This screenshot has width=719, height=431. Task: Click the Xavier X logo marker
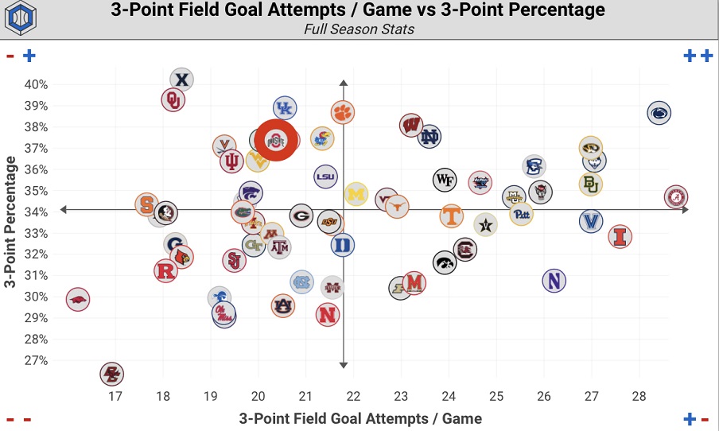pos(182,80)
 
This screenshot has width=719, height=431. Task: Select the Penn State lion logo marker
pos(659,114)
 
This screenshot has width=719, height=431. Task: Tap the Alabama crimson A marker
pos(675,197)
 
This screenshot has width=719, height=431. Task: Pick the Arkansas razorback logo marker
pos(77,300)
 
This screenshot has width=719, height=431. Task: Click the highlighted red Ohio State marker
pos(276,141)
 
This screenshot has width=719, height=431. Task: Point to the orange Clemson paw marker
pos(342,112)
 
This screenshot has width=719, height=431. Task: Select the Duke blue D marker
pos(342,245)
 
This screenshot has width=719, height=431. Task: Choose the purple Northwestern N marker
pos(554,280)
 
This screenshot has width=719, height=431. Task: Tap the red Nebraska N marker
pos(327,314)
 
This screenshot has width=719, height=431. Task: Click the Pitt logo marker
pos(521,214)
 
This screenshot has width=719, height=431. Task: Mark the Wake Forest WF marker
pos(445,179)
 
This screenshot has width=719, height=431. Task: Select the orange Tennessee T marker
pos(451,215)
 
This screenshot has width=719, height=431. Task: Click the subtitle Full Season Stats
pos(359,29)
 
